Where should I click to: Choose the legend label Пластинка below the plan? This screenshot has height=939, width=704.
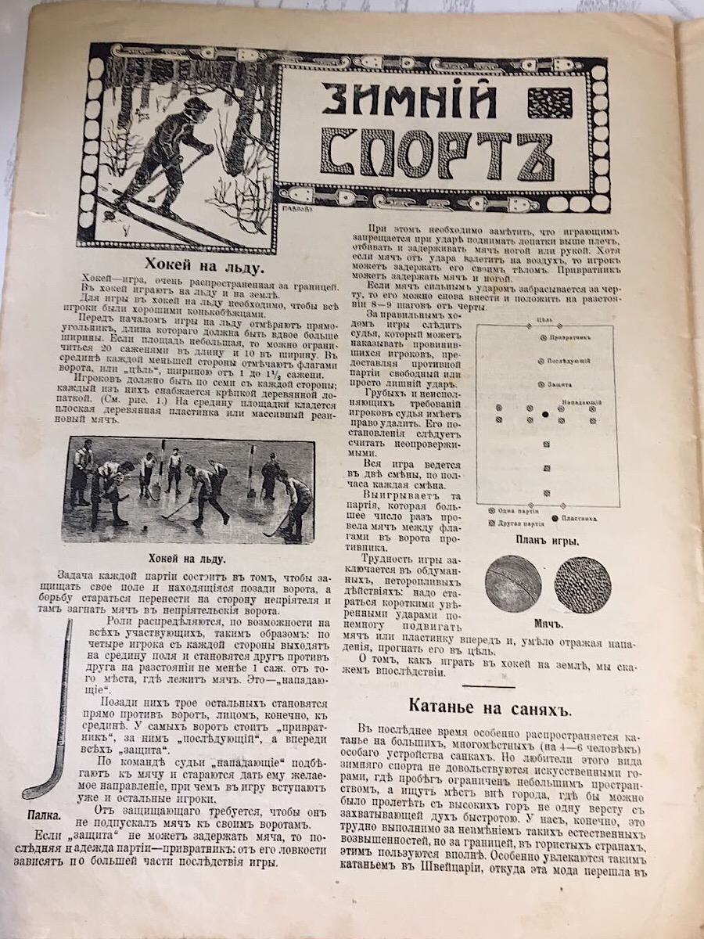[580, 518]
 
